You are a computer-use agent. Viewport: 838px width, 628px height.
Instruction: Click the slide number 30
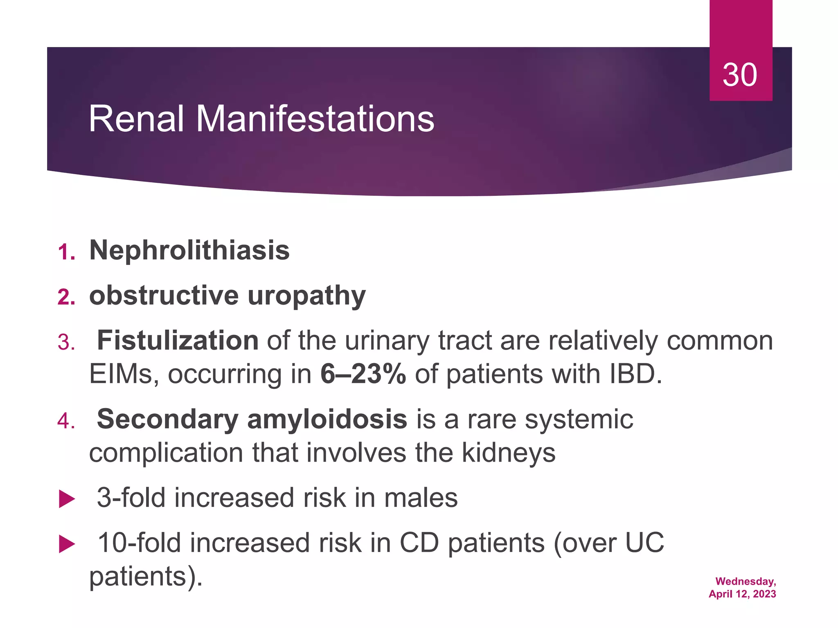739,75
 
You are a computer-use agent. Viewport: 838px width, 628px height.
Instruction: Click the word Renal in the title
136,119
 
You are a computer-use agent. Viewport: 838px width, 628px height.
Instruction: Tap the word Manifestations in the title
315,119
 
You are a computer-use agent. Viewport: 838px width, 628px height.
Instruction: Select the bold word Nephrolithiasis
189,250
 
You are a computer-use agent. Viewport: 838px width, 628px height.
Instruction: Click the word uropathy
307,296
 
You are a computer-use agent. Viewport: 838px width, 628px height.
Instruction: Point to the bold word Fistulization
178,341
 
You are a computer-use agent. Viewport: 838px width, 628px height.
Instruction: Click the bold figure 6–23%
363,374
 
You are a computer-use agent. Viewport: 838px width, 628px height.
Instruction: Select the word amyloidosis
327,419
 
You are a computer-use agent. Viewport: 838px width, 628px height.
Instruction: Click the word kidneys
509,453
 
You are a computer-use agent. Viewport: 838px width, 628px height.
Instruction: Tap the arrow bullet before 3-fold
67,499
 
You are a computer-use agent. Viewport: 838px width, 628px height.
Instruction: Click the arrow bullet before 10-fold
67,545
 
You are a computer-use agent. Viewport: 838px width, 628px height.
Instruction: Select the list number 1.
66,252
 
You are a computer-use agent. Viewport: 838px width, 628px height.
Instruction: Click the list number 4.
66,421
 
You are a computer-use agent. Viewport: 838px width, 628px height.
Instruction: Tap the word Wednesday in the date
745,581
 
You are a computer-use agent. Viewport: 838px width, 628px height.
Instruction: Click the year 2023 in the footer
764,594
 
